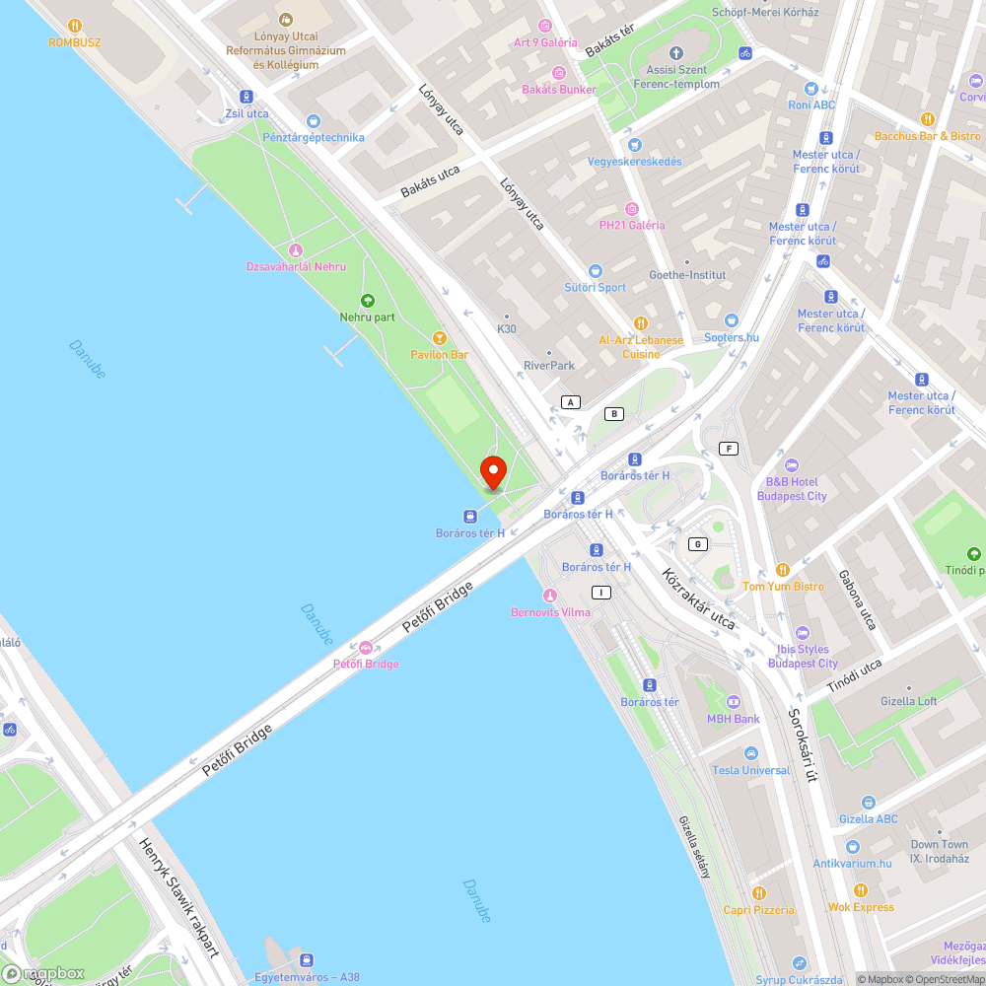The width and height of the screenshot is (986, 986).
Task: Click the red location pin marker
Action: [x=492, y=471]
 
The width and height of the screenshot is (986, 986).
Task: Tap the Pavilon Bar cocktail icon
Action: [x=440, y=338]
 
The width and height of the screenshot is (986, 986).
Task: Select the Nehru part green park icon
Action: [x=368, y=301]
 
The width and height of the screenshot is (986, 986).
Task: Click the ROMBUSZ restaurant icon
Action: [x=75, y=27]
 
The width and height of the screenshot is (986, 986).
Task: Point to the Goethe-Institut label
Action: [x=687, y=275]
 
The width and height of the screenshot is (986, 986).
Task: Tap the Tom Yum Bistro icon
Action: [x=783, y=570]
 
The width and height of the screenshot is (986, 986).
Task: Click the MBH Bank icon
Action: [x=733, y=702]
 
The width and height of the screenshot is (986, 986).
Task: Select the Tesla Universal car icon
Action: [x=751, y=753]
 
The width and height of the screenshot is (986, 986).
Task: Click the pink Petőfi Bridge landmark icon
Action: [x=366, y=648]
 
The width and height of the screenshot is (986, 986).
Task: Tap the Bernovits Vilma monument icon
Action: [x=550, y=596]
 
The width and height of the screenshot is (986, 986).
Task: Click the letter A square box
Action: [x=570, y=401]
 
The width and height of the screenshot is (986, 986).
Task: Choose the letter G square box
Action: [x=698, y=544]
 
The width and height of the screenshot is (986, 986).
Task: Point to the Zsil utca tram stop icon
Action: [x=246, y=97]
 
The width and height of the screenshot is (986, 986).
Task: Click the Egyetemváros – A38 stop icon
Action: [x=308, y=960]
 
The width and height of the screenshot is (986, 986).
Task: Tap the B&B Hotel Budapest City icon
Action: [x=790, y=465]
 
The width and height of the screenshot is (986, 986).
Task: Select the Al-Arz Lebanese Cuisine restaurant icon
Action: [x=641, y=322]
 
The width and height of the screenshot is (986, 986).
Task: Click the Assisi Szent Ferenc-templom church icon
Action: [x=675, y=53]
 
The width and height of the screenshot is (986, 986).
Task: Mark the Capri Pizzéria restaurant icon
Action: [x=758, y=893]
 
